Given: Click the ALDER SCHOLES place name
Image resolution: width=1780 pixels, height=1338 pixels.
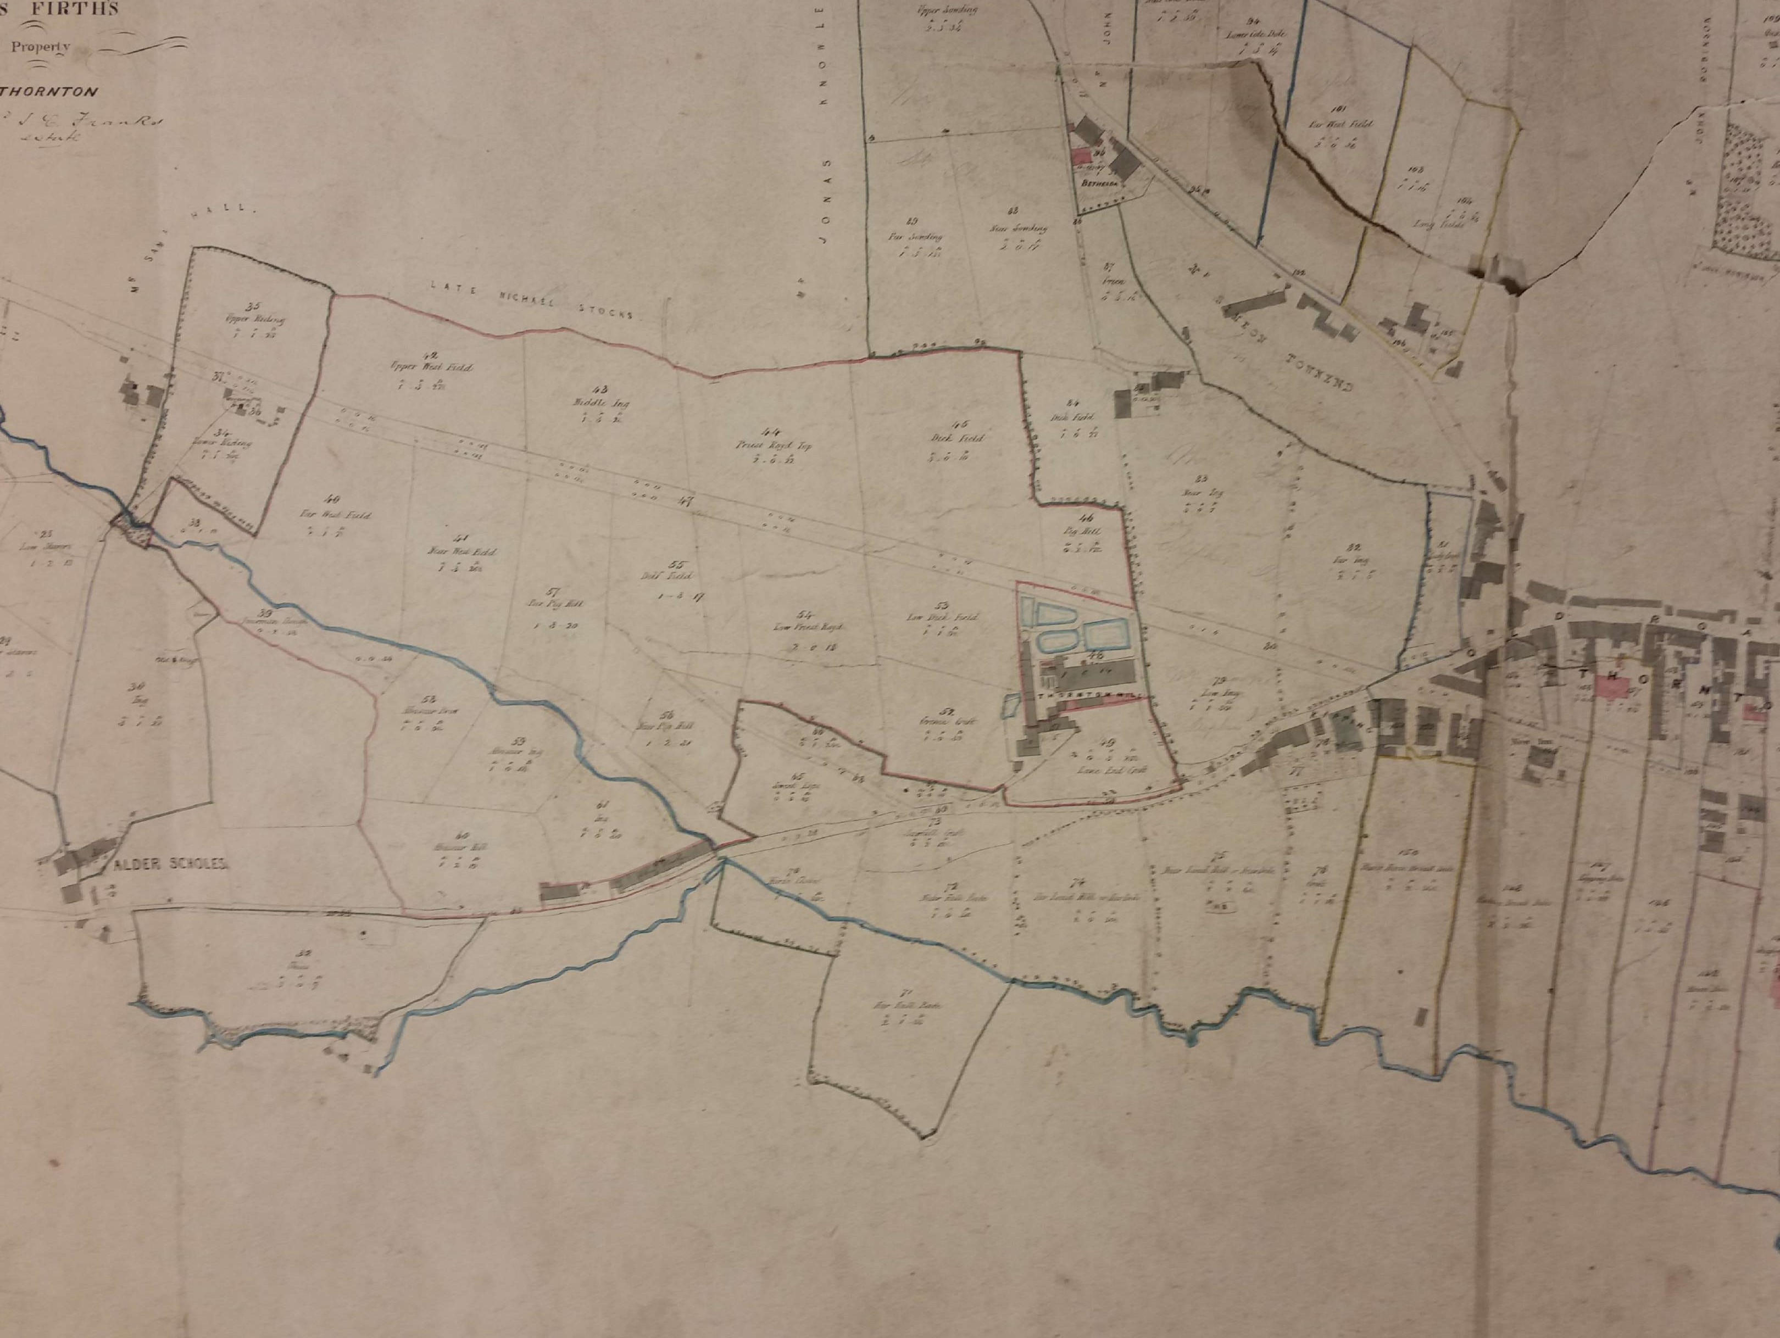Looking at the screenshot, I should pyautogui.click(x=170, y=866).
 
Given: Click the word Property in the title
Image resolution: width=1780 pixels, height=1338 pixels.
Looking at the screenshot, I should pyautogui.click(x=40, y=45).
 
